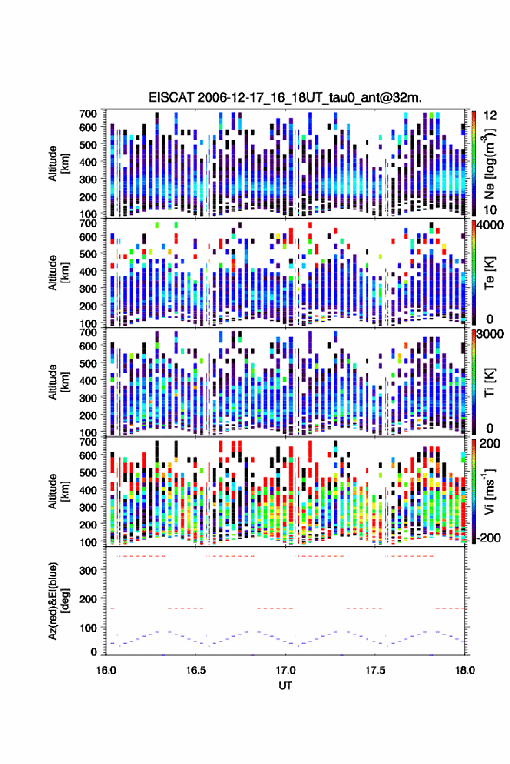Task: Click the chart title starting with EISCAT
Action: click(x=285, y=97)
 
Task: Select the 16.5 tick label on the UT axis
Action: click(x=195, y=670)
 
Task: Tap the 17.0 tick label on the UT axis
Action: click(x=286, y=670)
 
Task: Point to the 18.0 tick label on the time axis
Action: click(x=465, y=670)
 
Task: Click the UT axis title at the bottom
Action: click(x=285, y=686)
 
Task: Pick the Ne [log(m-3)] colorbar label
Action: click(x=488, y=164)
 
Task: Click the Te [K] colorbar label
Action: click(x=489, y=273)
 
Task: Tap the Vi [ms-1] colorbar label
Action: click(x=488, y=492)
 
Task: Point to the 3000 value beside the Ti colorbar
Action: click(x=491, y=335)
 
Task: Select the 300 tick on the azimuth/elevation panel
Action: click(x=88, y=570)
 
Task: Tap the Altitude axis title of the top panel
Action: click(x=58, y=163)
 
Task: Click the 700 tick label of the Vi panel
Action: click(x=88, y=442)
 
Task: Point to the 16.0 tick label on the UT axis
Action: click(x=106, y=670)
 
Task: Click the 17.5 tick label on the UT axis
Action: click(x=375, y=670)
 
